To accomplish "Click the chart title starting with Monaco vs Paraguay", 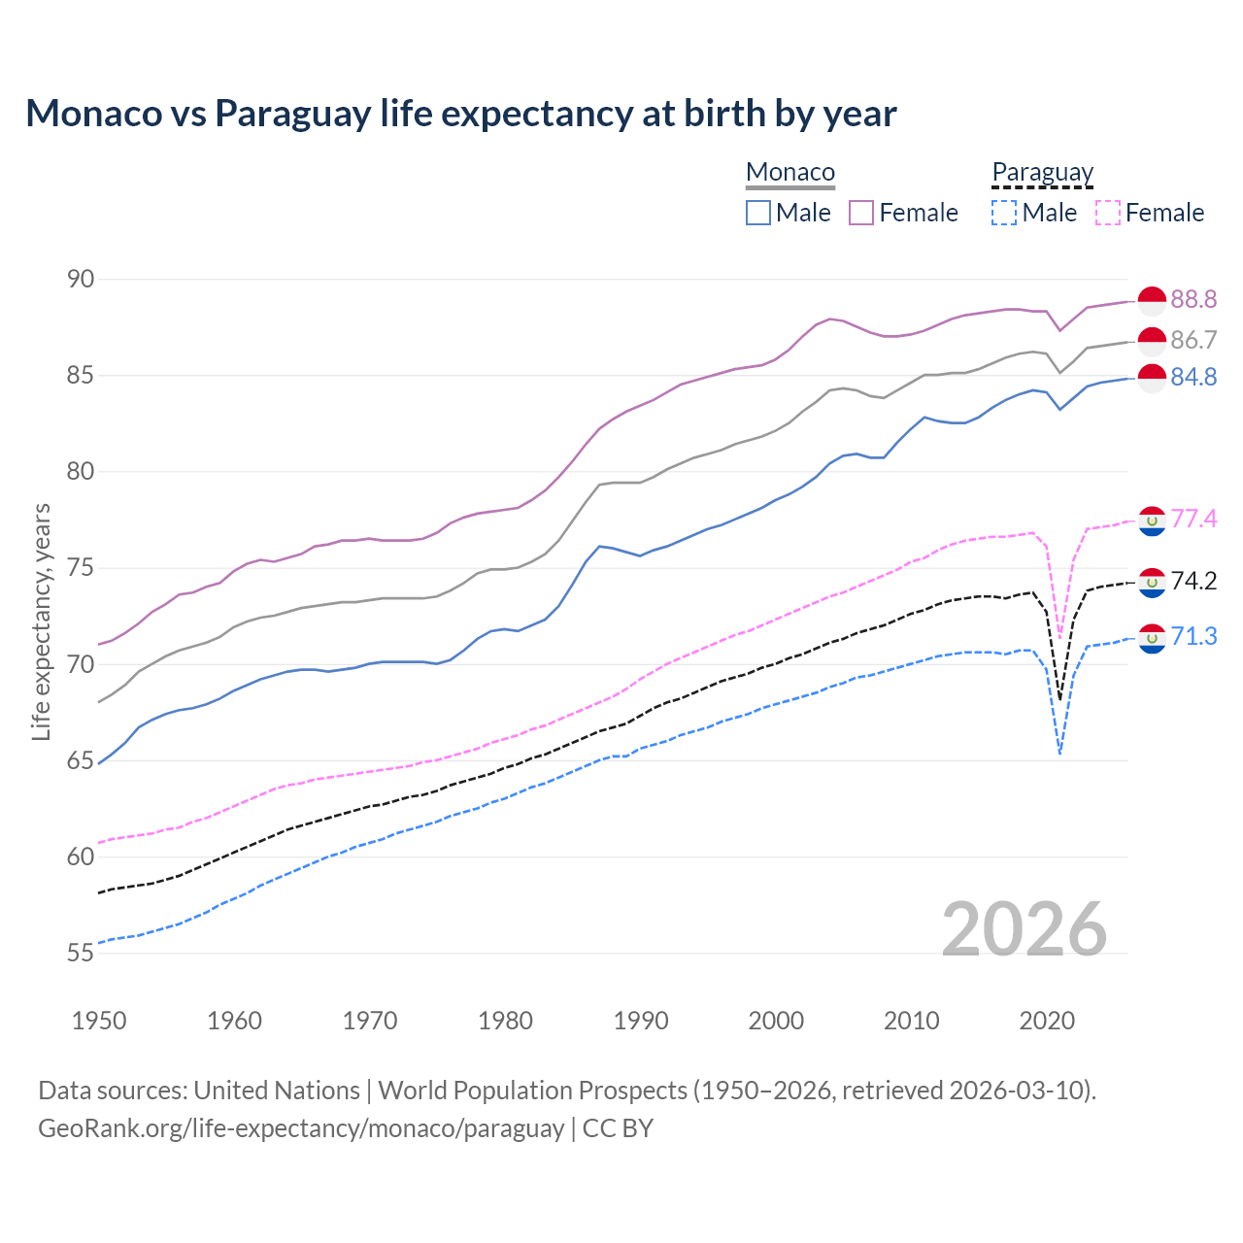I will [x=460, y=114].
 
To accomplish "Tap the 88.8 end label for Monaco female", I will [x=1193, y=299].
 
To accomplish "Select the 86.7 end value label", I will [x=1193, y=340].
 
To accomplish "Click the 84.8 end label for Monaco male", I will [x=1193, y=377].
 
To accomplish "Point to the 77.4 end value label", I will [x=1193, y=520].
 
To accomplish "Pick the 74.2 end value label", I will [x=1193, y=582].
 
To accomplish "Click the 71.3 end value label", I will [x=1193, y=637].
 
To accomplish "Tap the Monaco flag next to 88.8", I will [x=1152, y=301].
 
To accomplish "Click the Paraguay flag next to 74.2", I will [x=1152, y=583].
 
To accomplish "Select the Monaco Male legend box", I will [x=758, y=213].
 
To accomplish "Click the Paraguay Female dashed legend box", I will [x=1108, y=213].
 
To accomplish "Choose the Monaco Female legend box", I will [x=861, y=213].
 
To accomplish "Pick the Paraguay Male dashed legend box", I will [x=1004, y=213].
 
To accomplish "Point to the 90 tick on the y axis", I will [x=81, y=280].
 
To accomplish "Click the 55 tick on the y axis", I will [x=81, y=954].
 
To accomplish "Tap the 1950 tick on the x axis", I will [x=99, y=1021].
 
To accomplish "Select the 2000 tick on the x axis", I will [x=776, y=1021].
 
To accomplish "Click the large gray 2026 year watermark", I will [x=1025, y=929].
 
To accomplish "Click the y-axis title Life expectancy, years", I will [x=41, y=621].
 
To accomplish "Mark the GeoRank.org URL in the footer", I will [x=301, y=1128].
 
